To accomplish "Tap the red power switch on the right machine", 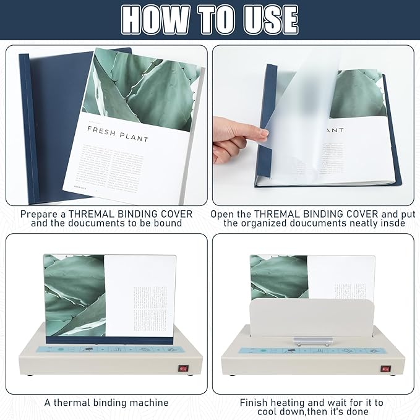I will coord(385,369).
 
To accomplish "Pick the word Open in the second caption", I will coord(223,213).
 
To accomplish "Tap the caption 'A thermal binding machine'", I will coord(106,402).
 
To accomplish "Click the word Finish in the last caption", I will coord(255,402).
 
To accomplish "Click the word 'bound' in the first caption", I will coord(168,223).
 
